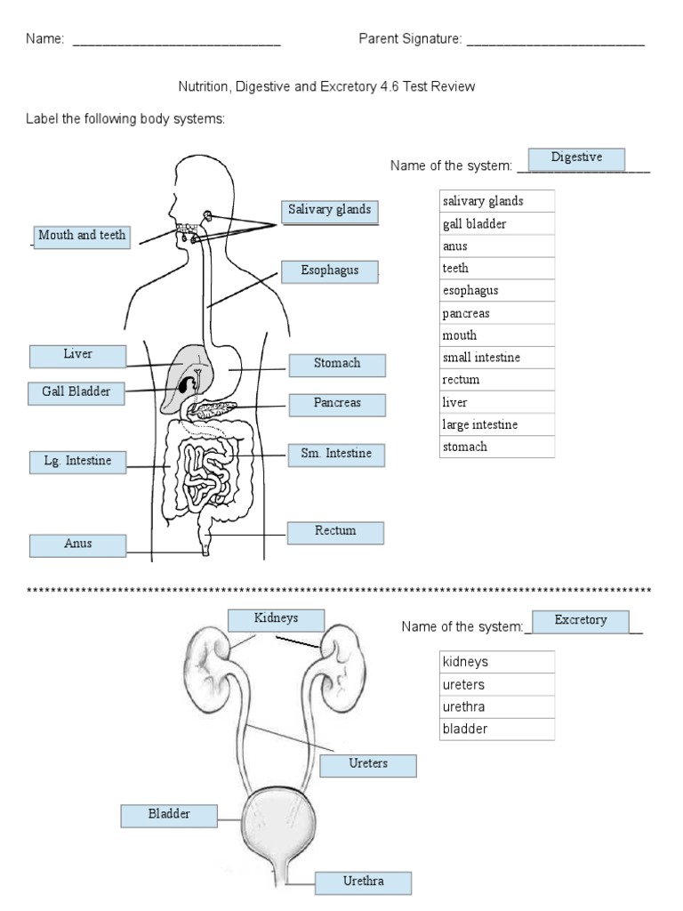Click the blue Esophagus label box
pos(330,271)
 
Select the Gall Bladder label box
pos(76,392)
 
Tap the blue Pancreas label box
pos(337,404)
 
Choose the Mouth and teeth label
pos(82,237)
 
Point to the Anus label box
pos(77,544)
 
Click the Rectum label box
pos(335,532)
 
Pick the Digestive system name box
pos(576,158)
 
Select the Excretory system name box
pos(580,621)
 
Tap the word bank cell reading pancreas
pos(497,313)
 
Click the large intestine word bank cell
pos(497,424)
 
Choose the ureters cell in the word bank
pos(497,685)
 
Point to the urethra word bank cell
pos(497,707)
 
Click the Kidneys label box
pos(276,619)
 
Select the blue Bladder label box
pos(169,815)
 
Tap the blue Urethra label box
pos(363,883)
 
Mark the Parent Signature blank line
pos(555,43)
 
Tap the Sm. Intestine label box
pos(335,455)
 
